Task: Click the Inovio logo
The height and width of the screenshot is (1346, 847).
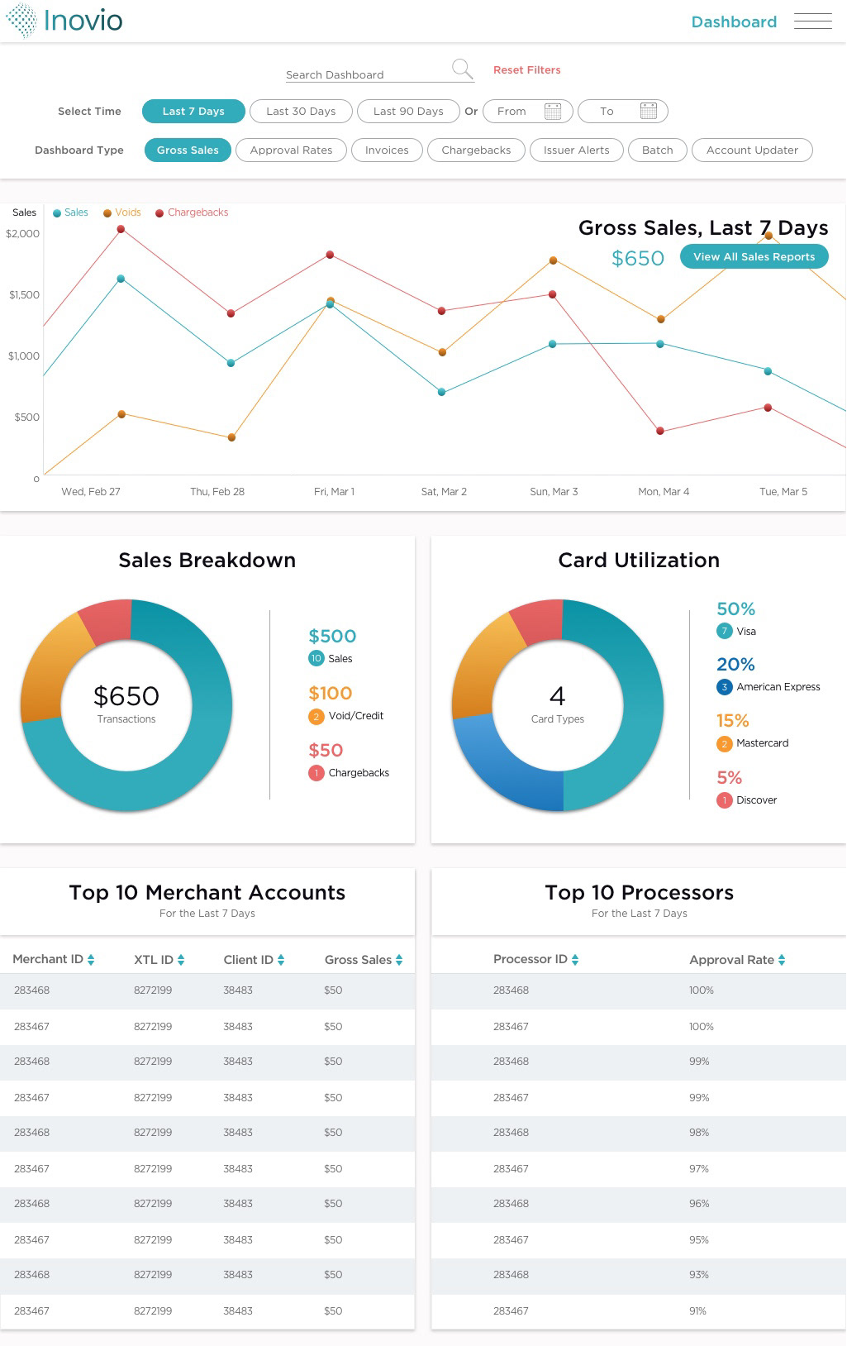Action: pos(64,21)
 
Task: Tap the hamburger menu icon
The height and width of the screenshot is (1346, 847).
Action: pos(812,21)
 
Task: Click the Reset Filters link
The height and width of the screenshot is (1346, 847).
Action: pos(526,70)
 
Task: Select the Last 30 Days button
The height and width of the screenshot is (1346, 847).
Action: pos(301,112)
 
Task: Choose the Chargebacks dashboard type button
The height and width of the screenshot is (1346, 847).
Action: pos(476,150)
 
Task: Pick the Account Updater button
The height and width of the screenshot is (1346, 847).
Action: pos(752,150)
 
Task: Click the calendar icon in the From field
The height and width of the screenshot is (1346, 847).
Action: pos(553,112)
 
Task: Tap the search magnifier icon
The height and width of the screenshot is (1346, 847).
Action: pos(462,69)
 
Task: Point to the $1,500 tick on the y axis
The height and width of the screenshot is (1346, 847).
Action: pos(24,295)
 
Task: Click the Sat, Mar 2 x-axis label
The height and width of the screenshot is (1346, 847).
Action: pos(444,492)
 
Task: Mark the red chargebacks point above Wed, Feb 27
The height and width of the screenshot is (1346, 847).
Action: pos(121,229)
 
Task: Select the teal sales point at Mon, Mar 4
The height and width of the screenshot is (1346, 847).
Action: pos(659,344)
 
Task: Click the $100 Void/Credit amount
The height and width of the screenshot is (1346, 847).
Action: pos(330,694)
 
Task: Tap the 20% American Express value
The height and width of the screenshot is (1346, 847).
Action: pos(735,665)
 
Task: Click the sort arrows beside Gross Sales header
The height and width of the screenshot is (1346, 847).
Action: pos(399,960)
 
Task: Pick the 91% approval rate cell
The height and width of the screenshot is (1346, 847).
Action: pos(697,1311)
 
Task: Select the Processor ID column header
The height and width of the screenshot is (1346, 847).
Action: pos(531,959)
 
